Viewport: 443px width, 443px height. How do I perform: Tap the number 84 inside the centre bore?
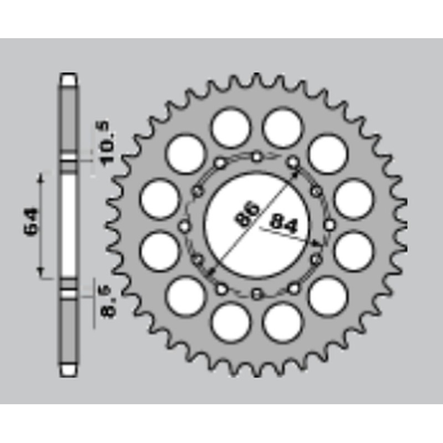(x=284, y=224)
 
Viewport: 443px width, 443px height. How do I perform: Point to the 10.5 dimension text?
(x=107, y=143)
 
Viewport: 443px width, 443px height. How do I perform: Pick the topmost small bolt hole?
(x=256, y=157)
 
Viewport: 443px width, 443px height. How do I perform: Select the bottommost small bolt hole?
(x=256, y=293)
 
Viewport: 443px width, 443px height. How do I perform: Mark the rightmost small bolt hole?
(x=330, y=225)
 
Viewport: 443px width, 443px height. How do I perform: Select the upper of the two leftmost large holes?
(x=160, y=199)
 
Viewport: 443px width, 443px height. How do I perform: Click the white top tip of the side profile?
(x=69, y=79)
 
